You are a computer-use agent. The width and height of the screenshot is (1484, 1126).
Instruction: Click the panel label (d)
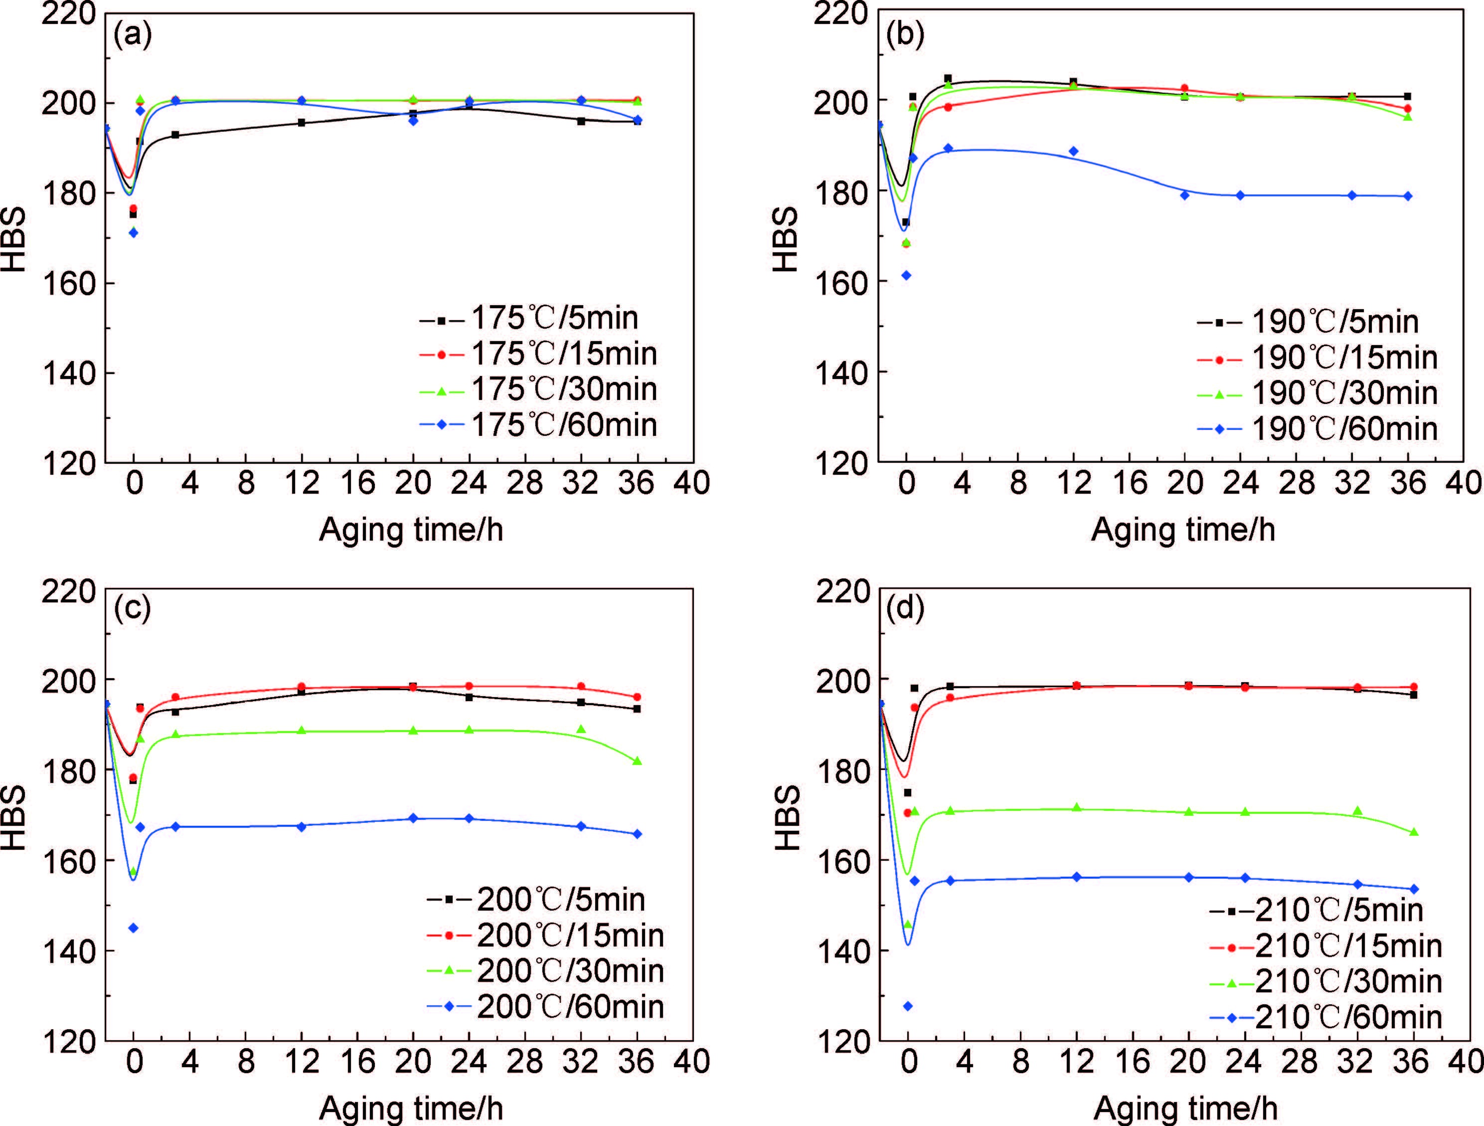tap(905, 609)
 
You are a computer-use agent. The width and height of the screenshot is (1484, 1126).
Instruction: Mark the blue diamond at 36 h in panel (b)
tap(1408, 196)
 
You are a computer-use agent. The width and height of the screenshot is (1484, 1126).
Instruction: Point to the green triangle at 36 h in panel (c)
tap(637, 761)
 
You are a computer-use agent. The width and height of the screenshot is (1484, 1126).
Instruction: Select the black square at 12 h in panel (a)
tap(301, 123)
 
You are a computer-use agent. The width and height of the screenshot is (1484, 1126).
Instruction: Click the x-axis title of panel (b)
tap(1183, 530)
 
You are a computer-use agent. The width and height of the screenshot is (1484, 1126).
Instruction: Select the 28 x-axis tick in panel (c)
tap(524, 1062)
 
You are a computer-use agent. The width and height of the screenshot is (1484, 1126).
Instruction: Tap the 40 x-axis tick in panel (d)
tap(1465, 1062)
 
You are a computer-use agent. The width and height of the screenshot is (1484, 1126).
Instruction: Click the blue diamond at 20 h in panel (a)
tap(413, 121)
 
